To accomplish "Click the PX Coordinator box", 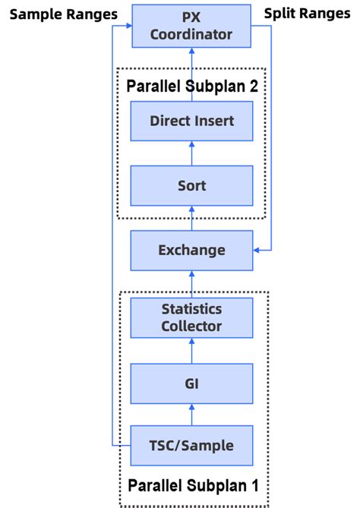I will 191,25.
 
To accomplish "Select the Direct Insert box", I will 191,121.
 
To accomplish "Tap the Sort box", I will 191,185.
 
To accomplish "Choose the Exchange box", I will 191,250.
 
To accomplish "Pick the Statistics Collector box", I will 191,317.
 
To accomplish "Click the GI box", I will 191,383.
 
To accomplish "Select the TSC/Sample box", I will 191,446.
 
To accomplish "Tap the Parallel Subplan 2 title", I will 191,85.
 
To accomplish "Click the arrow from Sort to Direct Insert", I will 191,153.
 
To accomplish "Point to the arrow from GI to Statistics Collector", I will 191,350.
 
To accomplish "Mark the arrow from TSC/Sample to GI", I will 191,415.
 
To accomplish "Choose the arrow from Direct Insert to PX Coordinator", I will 191,73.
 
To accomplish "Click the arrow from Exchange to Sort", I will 191,219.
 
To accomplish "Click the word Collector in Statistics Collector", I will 191,327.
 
